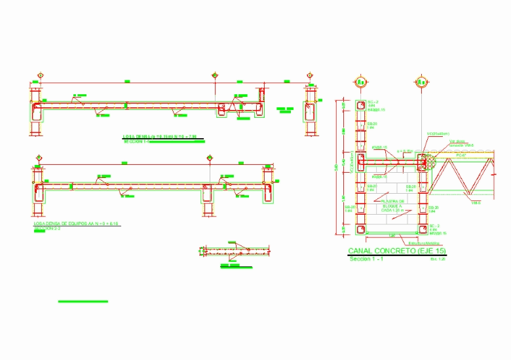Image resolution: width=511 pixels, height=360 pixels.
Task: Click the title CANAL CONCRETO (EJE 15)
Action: click(396, 251)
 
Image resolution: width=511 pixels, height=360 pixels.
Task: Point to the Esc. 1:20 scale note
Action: click(438, 259)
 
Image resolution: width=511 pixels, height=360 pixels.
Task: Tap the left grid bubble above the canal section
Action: click(360, 82)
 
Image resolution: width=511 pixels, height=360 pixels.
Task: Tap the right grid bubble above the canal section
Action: click(421, 82)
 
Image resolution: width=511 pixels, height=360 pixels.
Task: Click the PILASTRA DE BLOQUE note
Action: click(394, 206)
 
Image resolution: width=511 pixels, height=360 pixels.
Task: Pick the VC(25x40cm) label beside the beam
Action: click(438, 134)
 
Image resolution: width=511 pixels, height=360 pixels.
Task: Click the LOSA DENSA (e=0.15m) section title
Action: click(160, 137)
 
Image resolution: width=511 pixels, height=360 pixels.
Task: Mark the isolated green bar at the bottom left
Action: click(83, 301)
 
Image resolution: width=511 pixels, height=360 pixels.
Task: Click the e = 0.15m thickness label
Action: click(406, 151)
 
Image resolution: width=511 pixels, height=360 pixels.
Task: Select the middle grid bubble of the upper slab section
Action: click(214, 76)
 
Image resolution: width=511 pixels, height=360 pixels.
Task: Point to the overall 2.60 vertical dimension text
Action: click(337, 168)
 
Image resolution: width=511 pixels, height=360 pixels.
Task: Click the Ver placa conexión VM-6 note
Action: click(462, 143)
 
